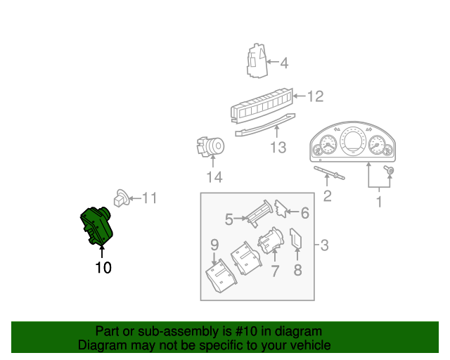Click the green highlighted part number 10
(98, 226)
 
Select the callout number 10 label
(103, 267)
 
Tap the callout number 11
(149, 198)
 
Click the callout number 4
(284, 63)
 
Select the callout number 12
(315, 96)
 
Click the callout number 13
(278, 148)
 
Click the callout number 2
(327, 195)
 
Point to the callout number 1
(379, 202)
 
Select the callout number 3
(324, 245)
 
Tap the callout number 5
(229, 219)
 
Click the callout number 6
(304, 212)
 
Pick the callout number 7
(275, 271)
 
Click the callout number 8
(297, 271)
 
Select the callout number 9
(214, 245)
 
